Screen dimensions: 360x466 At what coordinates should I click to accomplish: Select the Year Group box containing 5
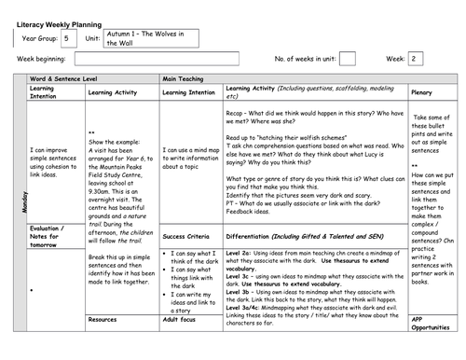70,37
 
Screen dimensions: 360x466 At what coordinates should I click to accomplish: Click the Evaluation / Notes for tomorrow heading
51,233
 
